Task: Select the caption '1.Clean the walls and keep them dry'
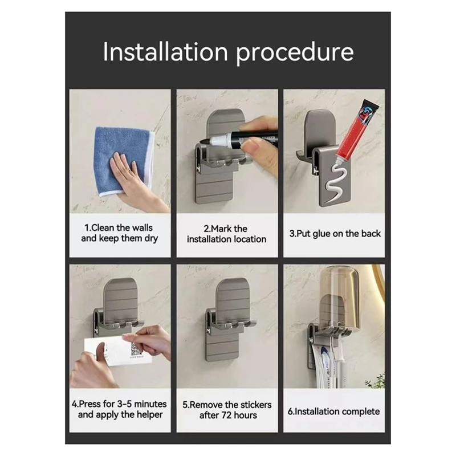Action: coord(119,233)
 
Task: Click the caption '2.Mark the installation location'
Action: coord(227,234)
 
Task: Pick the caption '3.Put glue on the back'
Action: coord(334,233)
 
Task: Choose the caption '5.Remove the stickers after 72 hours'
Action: coord(227,410)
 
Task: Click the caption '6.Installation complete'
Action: coord(334,411)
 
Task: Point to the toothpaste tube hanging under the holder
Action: coord(323,365)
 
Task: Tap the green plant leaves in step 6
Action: coord(376,381)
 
